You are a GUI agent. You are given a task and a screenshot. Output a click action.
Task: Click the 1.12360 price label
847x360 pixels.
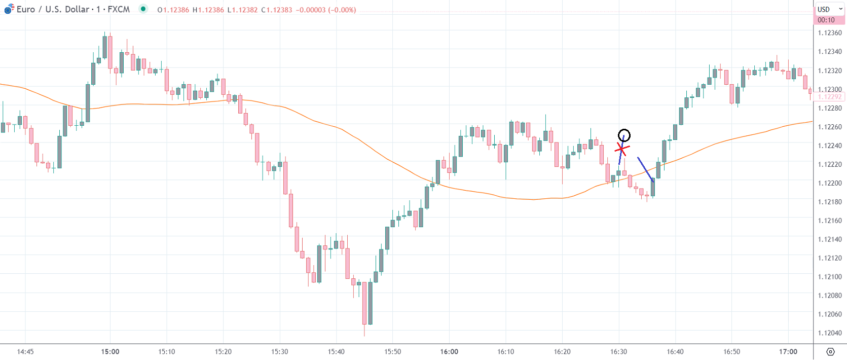point(829,33)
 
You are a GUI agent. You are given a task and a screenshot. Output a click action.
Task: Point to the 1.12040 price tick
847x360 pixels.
point(829,333)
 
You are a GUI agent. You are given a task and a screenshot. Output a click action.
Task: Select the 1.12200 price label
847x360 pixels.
point(829,183)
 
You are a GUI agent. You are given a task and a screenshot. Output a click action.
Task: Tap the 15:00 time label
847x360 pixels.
point(110,351)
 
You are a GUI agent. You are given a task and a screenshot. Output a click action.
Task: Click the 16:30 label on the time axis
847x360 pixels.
point(618,351)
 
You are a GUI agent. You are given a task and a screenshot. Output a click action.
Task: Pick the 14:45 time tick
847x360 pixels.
point(25,351)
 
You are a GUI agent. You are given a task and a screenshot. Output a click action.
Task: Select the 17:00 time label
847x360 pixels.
point(788,351)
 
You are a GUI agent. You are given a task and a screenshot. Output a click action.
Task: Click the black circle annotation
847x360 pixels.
point(624,135)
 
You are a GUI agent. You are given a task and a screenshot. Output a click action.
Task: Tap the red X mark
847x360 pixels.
point(622,149)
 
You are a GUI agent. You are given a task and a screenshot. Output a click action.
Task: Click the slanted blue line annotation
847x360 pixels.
point(645,169)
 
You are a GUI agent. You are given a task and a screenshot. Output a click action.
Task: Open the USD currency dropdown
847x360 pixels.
point(829,9)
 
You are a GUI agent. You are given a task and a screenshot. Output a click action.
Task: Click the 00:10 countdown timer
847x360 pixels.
point(826,20)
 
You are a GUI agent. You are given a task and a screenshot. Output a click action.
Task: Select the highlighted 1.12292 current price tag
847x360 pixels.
point(829,97)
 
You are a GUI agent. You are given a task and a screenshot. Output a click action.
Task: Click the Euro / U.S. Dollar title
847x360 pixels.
point(73,9)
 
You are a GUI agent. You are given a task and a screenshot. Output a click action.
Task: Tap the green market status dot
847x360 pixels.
point(143,9)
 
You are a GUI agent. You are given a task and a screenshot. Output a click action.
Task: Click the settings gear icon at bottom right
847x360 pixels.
point(830,351)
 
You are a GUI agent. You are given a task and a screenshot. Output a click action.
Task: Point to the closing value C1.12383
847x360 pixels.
point(277,10)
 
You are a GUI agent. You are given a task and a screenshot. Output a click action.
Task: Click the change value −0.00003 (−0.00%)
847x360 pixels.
point(326,10)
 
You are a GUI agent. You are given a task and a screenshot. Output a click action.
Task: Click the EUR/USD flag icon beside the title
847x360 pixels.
point(9,9)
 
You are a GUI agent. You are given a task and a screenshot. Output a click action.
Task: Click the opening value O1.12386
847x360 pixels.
point(173,10)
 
